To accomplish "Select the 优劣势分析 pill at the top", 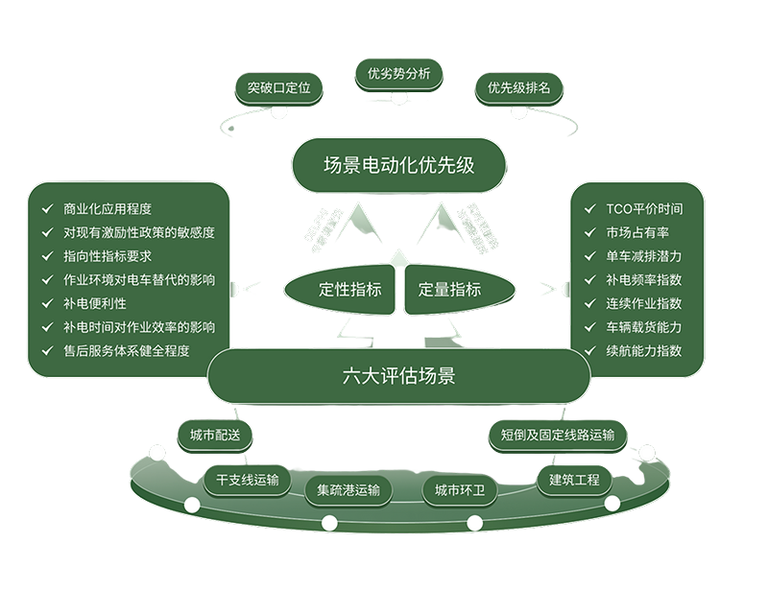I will [x=398, y=73].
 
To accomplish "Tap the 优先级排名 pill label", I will [x=518, y=88].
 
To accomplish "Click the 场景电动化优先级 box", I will [x=399, y=165].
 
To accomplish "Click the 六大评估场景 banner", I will [x=399, y=376].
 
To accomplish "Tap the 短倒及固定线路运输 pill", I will [x=557, y=435].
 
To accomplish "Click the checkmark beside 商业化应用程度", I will [x=44, y=208].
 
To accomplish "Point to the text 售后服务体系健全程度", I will [x=126, y=350].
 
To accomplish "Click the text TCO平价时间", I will [x=644, y=208].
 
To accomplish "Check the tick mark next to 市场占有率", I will [x=588, y=232].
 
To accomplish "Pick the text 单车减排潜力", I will [x=644, y=256].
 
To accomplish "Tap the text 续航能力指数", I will [x=644, y=350].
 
